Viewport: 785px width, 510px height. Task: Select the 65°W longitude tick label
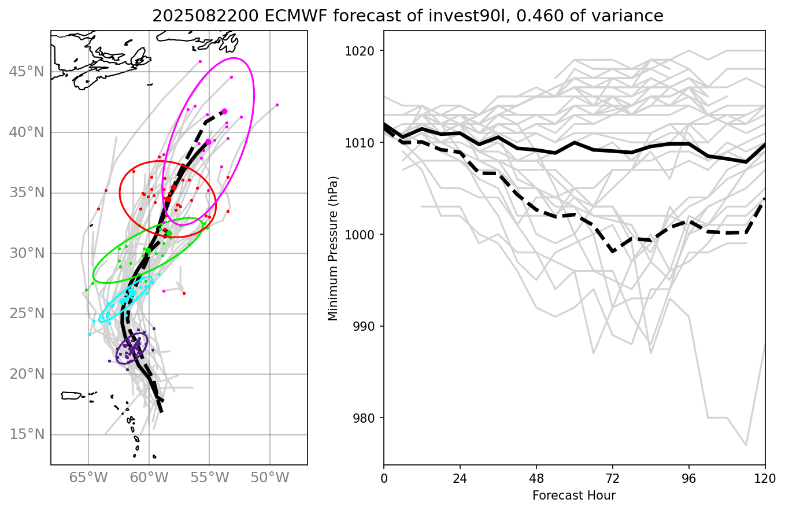(88, 478)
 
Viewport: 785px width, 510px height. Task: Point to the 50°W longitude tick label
(270, 478)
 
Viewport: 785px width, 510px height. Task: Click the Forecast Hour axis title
(574, 496)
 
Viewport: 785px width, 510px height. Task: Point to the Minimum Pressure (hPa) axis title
(333, 248)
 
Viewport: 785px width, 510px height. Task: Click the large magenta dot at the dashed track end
(224, 111)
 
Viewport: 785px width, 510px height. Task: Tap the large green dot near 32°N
(169, 233)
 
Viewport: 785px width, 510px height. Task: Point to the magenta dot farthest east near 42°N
(277, 105)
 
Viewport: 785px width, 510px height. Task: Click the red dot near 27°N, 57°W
(184, 293)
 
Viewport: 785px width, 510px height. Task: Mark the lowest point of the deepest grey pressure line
(746, 445)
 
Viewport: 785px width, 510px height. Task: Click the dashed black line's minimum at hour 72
(613, 252)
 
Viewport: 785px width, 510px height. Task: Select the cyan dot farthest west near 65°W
(90, 334)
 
